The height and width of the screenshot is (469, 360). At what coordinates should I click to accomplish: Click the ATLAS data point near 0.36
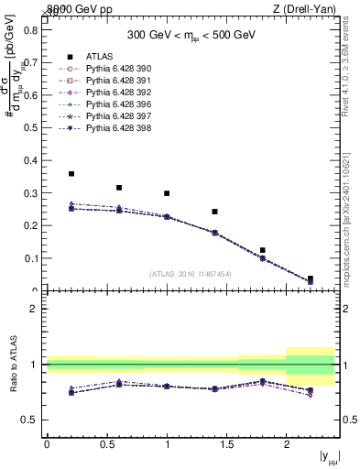pyautogui.click(x=71, y=173)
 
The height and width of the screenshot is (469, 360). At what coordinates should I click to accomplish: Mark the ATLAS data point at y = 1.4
pyautogui.click(x=214, y=212)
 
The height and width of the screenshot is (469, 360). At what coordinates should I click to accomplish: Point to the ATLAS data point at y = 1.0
pyautogui.click(x=167, y=193)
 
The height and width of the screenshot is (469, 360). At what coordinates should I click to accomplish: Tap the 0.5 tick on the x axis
pyautogui.click(x=107, y=444)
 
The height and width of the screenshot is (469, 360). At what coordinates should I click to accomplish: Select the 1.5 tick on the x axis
pyautogui.click(x=227, y=444)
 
